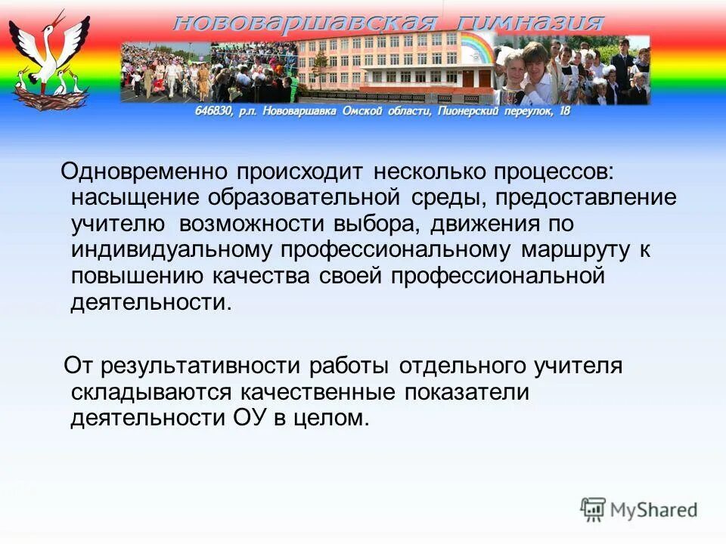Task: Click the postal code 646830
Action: (x=209, y=112)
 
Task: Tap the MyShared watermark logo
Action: (x=639, y=509)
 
